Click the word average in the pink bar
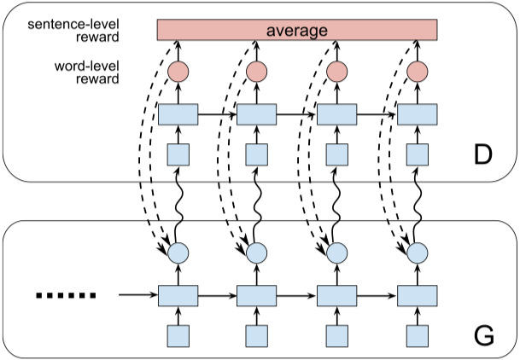[296, 31]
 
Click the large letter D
[484, 154]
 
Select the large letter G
[484, 334]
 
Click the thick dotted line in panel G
[66, 296]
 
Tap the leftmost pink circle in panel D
[178, 72]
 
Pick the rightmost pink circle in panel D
[418, 72]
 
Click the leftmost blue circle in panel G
[178, 253]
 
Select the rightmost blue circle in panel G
[418, 253]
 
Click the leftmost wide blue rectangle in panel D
[178, 114]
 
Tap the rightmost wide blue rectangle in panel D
[418, 114]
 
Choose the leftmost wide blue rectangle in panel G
[178, 296]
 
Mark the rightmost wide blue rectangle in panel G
[418, 296]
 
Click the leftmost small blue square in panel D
[178, 154]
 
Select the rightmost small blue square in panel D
[418, 154]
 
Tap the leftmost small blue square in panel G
[178, 334]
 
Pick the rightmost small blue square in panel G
[418, 334]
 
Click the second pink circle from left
[257, 72]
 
